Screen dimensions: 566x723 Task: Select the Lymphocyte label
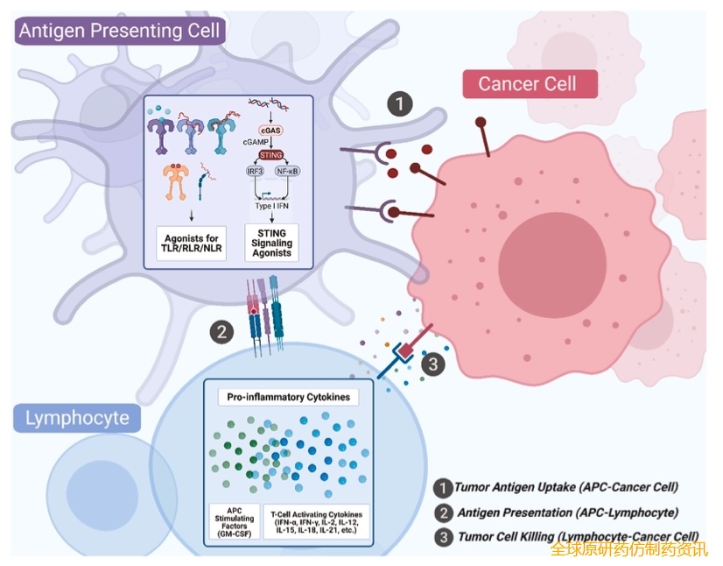click(78, 418)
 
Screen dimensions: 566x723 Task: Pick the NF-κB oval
click(287, 172)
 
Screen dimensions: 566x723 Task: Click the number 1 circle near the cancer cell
click(400, 104)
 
